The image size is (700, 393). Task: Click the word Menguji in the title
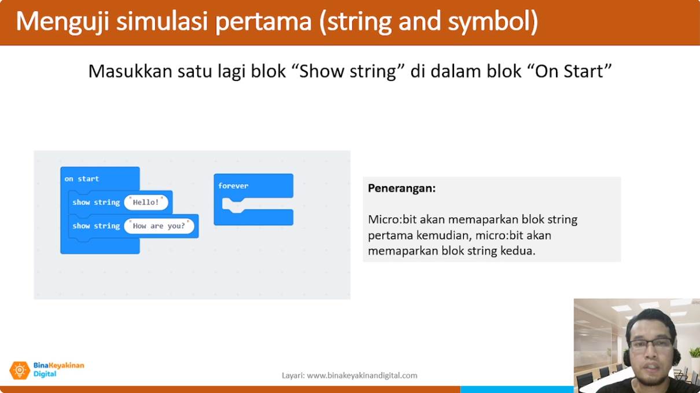(62, 21)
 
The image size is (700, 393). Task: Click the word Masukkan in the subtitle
(130, 71)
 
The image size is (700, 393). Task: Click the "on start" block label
(82, 179)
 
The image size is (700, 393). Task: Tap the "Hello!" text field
(146, 202)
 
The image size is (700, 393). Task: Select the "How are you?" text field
(159, 226)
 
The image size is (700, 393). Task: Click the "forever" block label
(233, 186)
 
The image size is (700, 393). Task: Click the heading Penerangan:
(401, 188)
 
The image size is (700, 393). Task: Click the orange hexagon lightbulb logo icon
(20, 370)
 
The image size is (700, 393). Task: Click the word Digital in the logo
(45, 374)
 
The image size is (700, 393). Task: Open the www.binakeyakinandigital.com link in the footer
(362, 376)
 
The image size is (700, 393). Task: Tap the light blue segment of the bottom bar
(517, 390)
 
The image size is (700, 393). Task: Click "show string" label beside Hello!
(96, 202)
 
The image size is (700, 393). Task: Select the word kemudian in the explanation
(444, 235)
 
